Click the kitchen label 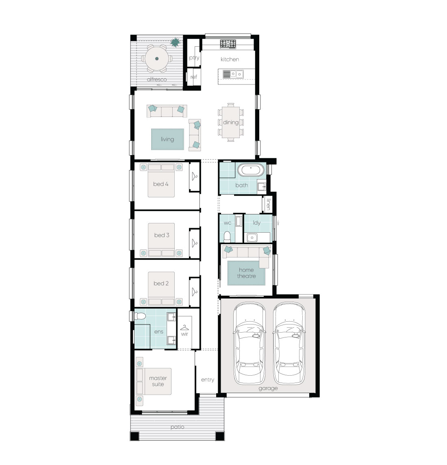[x=230, y=59]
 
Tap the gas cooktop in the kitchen [x=228, y=43]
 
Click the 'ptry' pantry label [x=194, y=58]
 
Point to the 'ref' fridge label [x=194, y=77]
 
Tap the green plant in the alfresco [x=175, y=42]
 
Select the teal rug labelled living [x=167, y=139]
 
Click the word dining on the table [x=230, y=122]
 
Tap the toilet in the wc [x=227, y=236]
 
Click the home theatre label [x=246, y=273]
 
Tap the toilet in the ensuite [x=141, y=316]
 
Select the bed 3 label [x=162, y=235]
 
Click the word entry [x=207, y=380]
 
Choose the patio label [x=177, y=427]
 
